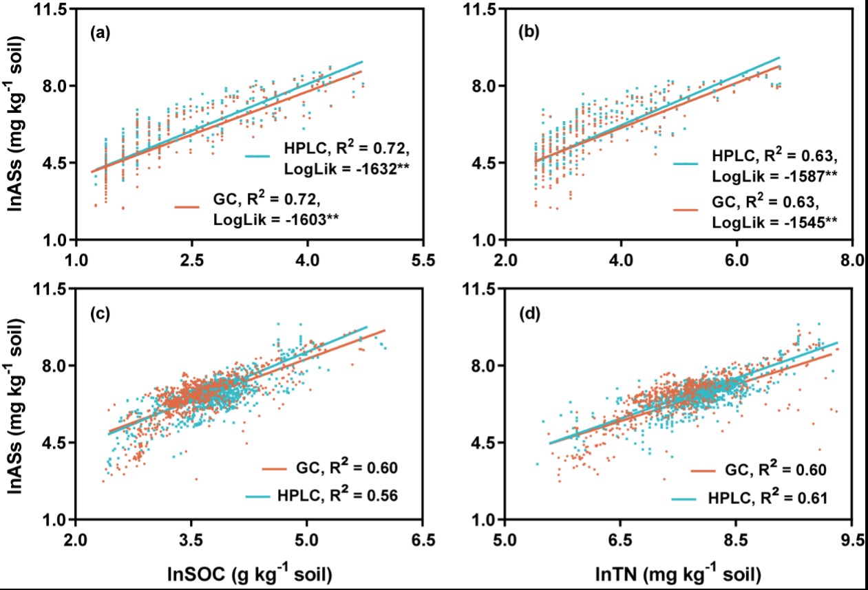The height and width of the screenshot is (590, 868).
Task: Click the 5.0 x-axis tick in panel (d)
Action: tap(505, 541)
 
